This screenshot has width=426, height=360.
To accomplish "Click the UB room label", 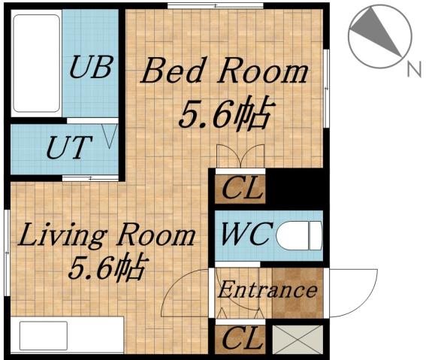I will [92, 68].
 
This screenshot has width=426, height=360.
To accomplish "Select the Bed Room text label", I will [225, 73].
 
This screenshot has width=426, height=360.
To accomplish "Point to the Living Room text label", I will [106, 235].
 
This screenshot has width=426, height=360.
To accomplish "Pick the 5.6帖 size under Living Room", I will [107, 268].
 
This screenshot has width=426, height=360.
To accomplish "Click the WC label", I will [243, 234].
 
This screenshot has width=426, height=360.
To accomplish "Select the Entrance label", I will [267, 289].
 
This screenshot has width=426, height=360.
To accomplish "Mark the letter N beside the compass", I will [412, 71].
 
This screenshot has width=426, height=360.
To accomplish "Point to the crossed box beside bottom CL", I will [298, 339].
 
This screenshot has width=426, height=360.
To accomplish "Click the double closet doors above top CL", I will [240, 157].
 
